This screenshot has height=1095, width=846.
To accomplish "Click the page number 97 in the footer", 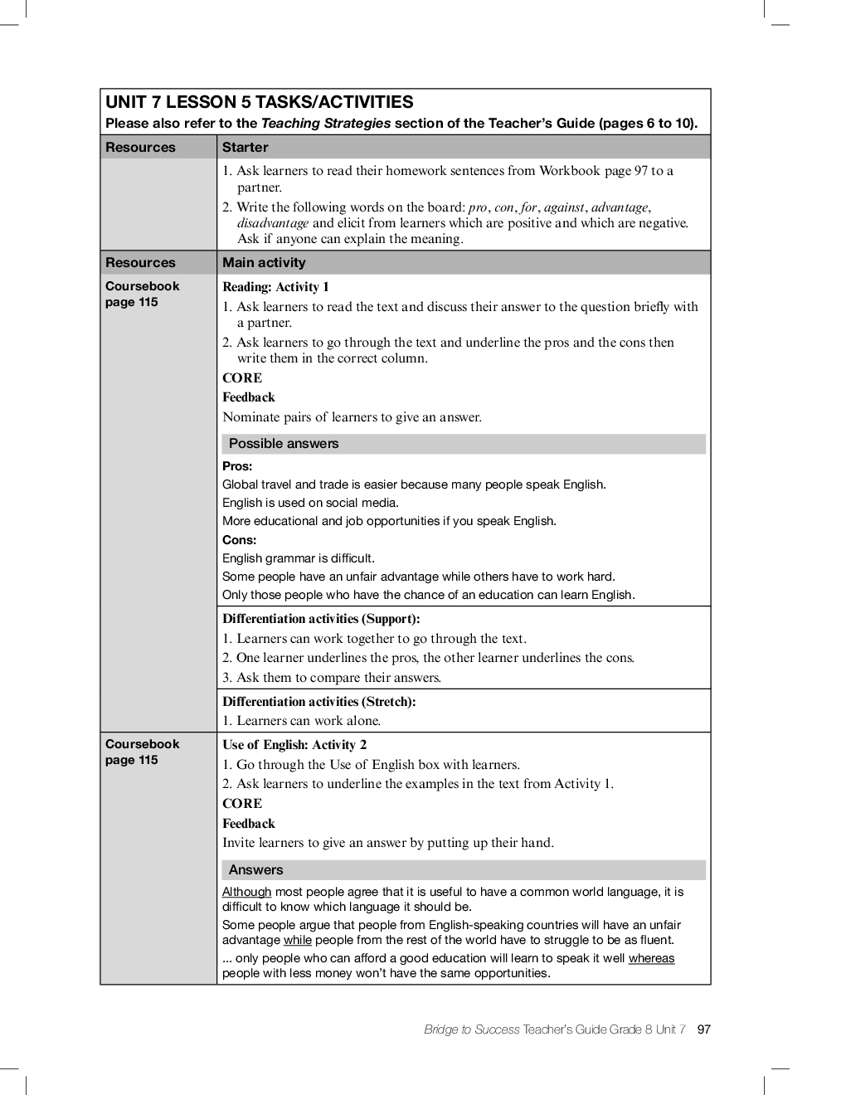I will (x=704, y=1029).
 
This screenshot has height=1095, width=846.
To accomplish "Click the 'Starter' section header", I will (x=245, y=148).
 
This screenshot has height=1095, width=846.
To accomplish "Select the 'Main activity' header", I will (x=264, y=263).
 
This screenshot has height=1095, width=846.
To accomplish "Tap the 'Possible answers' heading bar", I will (x=284, y=444).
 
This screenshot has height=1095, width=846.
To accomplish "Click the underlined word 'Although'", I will (x=246, y=892).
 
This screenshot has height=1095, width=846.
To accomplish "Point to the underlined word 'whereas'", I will (x=651, y=958).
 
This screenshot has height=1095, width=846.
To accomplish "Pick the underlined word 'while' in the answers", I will (x=297, y=940).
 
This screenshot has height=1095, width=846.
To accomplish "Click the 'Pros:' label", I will (x=237, y=466).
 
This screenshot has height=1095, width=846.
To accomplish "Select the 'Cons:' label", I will (x=239, y=540).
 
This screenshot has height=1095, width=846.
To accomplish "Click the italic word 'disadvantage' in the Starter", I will (x=273, y=223).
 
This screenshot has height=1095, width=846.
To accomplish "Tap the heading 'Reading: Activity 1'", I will (x=275, y=287).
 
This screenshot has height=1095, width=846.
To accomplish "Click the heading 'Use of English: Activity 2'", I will (x=294, y=745).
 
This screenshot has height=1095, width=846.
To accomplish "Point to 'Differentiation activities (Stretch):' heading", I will (x=318, y=702).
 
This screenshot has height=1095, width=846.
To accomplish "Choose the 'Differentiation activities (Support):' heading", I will (x=321, y=619).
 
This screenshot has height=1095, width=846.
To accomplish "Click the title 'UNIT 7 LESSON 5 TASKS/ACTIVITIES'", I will (x=259, y=103).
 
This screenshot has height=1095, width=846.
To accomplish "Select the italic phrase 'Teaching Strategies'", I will (x=326, y=124).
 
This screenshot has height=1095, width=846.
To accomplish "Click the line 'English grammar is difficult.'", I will (x=299, y=558).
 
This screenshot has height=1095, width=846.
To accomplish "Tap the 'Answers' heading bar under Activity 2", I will (x=255, y=870).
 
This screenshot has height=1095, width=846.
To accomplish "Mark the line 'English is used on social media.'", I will (x=310, y=503).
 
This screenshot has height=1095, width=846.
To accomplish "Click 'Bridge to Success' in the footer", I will (x=471, y=1029).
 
